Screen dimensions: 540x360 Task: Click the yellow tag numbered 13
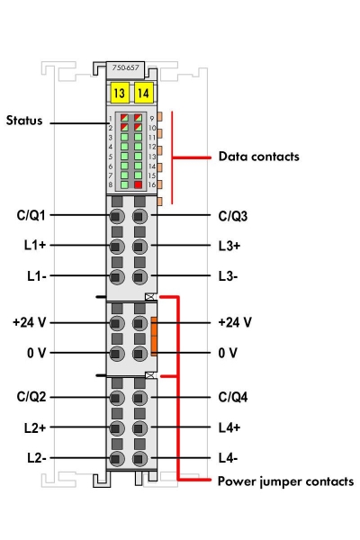pyautogui.click(x=119, y=91)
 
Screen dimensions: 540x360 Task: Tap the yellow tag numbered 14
pyautogui.click(x=142, y=91)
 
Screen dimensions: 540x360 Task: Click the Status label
pyautogui.click(x=25, y=119)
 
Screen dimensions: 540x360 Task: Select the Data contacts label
pyautogui.click(x=258, y=156)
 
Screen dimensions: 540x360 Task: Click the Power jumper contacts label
pyautogui.click(x=285, y=481)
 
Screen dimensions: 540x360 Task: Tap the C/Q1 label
pyautogui.click(x=32, y=216)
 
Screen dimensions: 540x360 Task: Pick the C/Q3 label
pyautogui.click(x=235, y=216)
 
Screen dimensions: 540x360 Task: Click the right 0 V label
pyautogui.click(x=229, y=352)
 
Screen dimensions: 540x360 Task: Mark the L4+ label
pyautogui.click(x=232, y=427)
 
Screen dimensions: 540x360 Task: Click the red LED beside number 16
pyautogui.click(x=138, y=184)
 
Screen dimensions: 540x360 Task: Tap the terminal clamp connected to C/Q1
pyautogui.click(x=116, y=217)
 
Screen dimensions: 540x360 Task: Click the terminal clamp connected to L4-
pyautogui.click(x=139, y=459)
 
